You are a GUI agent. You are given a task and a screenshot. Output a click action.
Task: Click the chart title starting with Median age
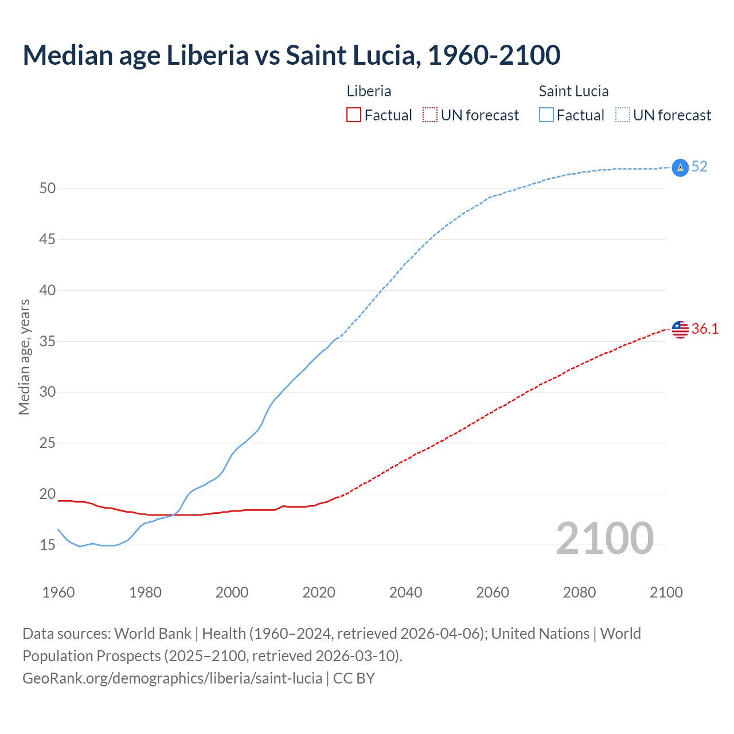[x=291, y=55]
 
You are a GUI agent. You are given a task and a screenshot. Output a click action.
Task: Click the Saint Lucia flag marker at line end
[x=680, y=167]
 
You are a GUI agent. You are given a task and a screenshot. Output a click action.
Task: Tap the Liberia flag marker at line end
[x=680, y=329]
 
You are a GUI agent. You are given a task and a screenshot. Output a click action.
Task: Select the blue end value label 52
[x=699, y=167]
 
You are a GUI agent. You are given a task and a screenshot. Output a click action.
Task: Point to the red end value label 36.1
[x=705, y=329]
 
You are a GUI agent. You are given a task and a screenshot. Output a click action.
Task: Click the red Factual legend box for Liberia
[x=354, y=115]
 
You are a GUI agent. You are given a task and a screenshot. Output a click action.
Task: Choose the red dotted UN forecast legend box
[x=430, y=115]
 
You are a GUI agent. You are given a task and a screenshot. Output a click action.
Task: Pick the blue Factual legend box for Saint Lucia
[x=546, y=115]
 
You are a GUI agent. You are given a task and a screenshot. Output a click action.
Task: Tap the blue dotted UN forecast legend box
[x=622, y=115]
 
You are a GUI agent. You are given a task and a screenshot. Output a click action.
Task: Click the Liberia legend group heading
[x=369, y=91]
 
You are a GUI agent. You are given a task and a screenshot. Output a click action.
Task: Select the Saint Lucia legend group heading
[x=573, y=91]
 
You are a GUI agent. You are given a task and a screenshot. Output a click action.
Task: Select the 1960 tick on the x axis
[x=58, y=592]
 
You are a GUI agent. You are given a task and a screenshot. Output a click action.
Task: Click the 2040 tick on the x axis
[x=405, y=592]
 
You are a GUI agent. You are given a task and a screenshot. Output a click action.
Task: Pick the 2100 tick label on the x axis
[x=666, y=592]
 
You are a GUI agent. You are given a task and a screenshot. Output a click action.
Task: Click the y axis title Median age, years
[x=24, y=357]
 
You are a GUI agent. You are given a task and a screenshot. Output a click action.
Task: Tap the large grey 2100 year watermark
[x=604, y=538]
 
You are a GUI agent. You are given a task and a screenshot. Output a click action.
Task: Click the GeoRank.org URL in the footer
[x=172, y=678]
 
